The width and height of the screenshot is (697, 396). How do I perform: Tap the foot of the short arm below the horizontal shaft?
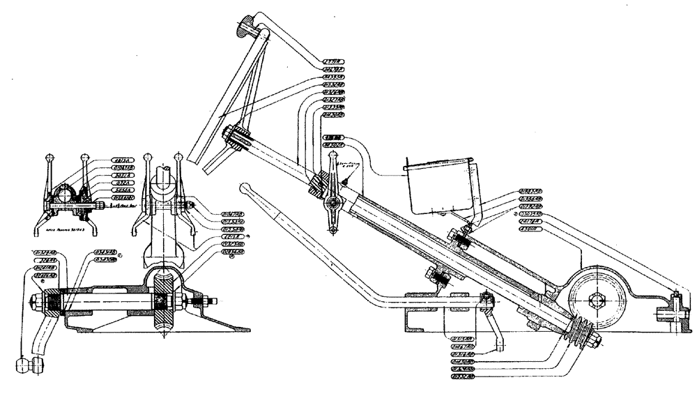(x=499, y=345)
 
